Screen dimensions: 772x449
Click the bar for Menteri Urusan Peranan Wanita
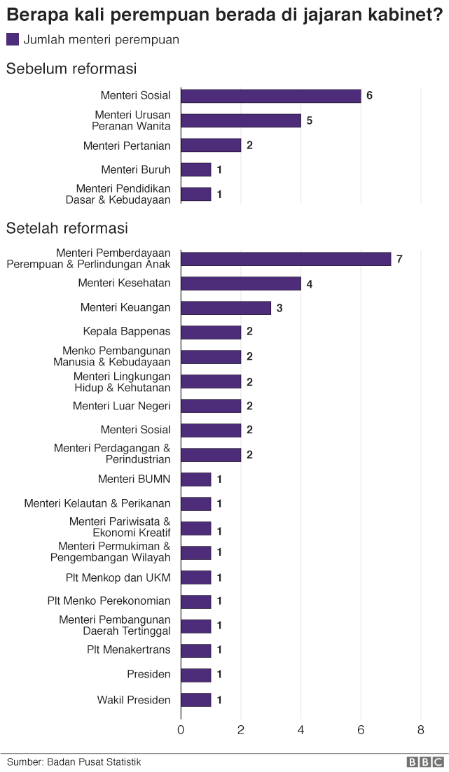[240, 120]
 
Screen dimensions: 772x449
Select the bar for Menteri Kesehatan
[240, 283]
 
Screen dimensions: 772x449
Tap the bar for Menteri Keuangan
[226, 308]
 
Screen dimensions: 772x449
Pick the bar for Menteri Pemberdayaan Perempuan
[285, 259]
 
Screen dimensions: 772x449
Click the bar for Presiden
[195, 675]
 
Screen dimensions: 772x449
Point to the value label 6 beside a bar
[369, 95]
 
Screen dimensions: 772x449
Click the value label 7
[399, 259]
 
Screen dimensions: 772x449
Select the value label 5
[309, 120]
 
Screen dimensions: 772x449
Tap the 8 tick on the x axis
[420, 730]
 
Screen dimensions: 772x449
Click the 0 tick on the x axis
[181, 730]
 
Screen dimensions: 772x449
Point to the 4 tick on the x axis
[301, 730]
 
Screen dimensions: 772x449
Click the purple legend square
[13, 40]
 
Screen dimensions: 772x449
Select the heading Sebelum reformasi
[71, 69]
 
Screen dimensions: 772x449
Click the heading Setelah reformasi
[67, 228]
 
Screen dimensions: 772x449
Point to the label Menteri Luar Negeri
[121, 406]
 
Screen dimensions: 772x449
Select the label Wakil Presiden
[133, 700]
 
